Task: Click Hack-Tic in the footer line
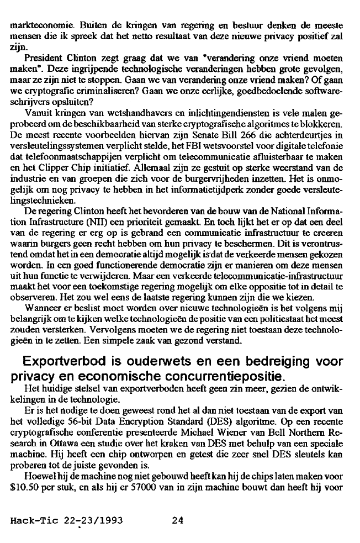(x=32, y=520)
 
